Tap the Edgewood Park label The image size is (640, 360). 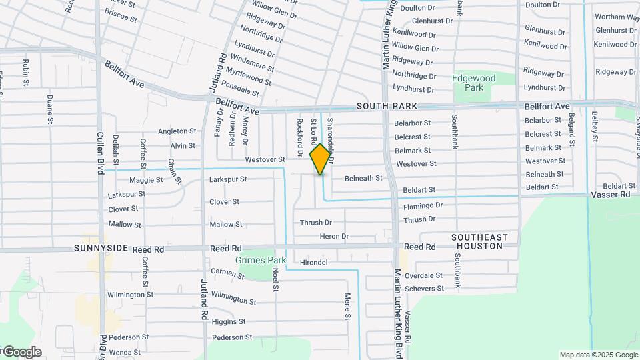[x=474, y=83]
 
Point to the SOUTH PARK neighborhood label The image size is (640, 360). [x=387, y=106]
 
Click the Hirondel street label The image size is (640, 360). [x=313, y=263]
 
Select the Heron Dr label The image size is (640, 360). [x=334, y=236]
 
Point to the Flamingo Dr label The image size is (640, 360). [x=423, y=205]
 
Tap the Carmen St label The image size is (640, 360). [x=228, y=273]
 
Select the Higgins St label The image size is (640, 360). [x=228, y=321]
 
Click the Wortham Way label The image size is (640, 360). [x=617, y=17]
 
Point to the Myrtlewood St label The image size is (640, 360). [x=248, y=77]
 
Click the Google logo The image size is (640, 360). [x=21, y=352]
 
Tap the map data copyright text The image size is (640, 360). [x=598, y=355]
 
